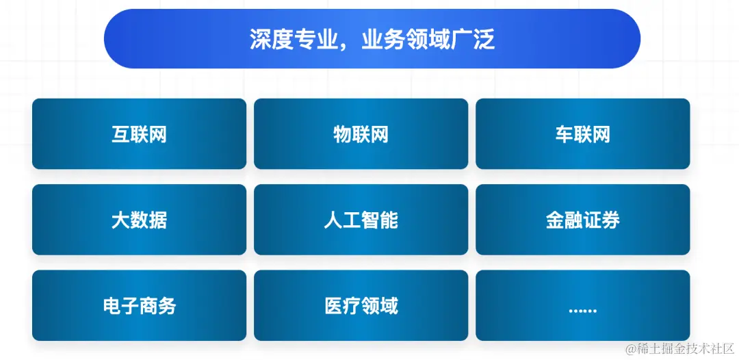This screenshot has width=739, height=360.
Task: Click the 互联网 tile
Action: [x=139, y=134]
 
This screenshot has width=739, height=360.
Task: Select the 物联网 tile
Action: [x=361, y=134]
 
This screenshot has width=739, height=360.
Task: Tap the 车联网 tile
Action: [x=582, y=134]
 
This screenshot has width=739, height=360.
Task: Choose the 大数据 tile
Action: [x=139, y=220]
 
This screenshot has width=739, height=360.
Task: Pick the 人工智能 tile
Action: [x=361, y=220]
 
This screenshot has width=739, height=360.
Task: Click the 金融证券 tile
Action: [x=582, y=220]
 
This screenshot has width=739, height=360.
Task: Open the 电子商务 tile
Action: [x=139, y=305]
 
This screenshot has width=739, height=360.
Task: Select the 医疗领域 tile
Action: [x=361, y=305]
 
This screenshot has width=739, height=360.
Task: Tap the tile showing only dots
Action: [x=582, y=305]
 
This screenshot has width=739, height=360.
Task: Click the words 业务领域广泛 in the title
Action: [x=428, y=40]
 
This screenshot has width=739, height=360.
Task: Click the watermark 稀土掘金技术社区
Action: [x=684, y=348]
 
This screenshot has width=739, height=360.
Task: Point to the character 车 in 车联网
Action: [x=564, y=134]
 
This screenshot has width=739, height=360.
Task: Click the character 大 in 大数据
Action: [x=120, y=220]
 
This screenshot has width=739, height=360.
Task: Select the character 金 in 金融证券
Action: [x=555, y=220]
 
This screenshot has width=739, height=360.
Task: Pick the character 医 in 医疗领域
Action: [x=333, y=305]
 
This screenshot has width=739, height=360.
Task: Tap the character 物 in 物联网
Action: [x=342, y=134]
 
